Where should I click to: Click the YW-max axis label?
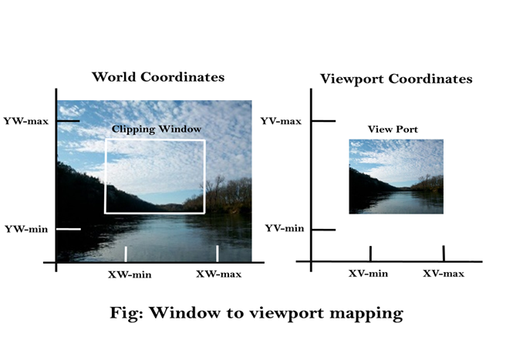point(26,121)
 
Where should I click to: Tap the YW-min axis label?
point(26,229)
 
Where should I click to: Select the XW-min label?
point(130,274)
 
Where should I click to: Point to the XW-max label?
point(218,274)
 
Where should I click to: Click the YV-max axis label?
point(281,121)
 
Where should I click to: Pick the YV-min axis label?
point(285,228)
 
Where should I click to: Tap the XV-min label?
point(368,274)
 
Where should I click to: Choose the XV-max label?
point(444,274)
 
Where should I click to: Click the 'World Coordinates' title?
point(158,77)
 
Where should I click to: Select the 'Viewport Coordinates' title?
point(397,79)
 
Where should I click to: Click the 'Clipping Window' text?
point(157,130)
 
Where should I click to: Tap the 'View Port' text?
point(393,130)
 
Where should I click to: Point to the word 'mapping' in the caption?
point(366,314)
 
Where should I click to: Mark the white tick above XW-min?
point(126,254)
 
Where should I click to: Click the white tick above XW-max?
point(218,254)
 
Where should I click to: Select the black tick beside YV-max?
point(323,121)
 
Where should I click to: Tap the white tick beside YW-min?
point(69,229)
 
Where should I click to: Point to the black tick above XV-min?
point(370,254)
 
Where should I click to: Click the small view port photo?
point(397,177)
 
